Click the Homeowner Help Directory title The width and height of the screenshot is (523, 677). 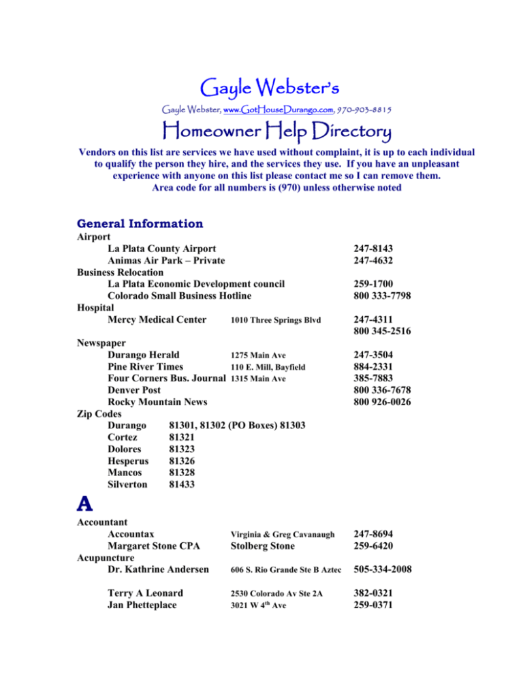[x=261, y=131]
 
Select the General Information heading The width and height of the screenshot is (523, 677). [x=140, y=223]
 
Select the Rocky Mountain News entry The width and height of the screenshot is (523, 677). [x=157, y=402]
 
